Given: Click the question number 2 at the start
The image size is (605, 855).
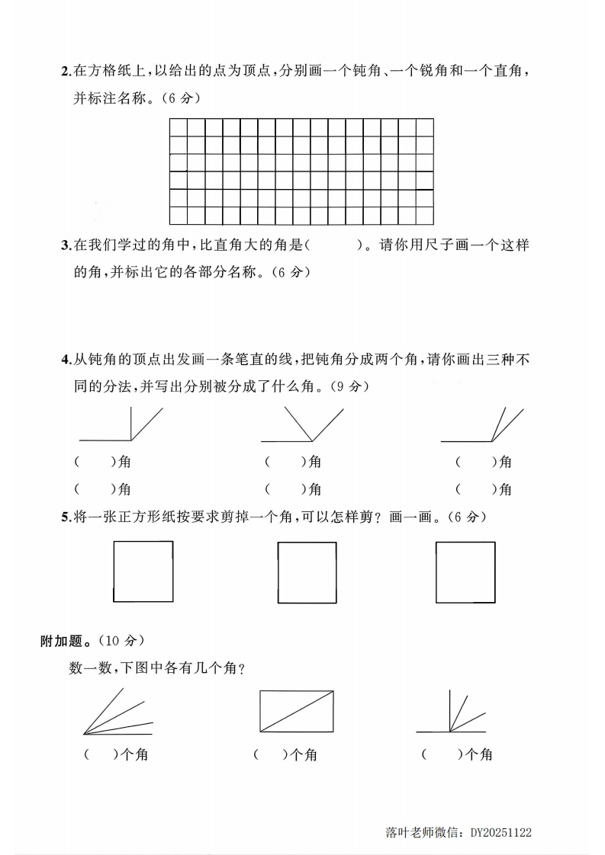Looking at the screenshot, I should tap(64, 72).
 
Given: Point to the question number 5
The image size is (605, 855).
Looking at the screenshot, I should tap(64, 517).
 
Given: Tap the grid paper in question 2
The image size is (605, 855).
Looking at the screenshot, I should tap(301, 171).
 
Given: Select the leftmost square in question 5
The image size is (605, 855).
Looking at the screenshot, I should tap(143, 571).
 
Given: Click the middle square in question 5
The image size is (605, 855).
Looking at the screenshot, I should tap(307, 572).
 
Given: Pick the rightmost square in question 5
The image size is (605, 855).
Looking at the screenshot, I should tap(465, 572).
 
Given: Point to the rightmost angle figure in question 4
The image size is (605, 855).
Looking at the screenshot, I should tap(482, 425).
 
